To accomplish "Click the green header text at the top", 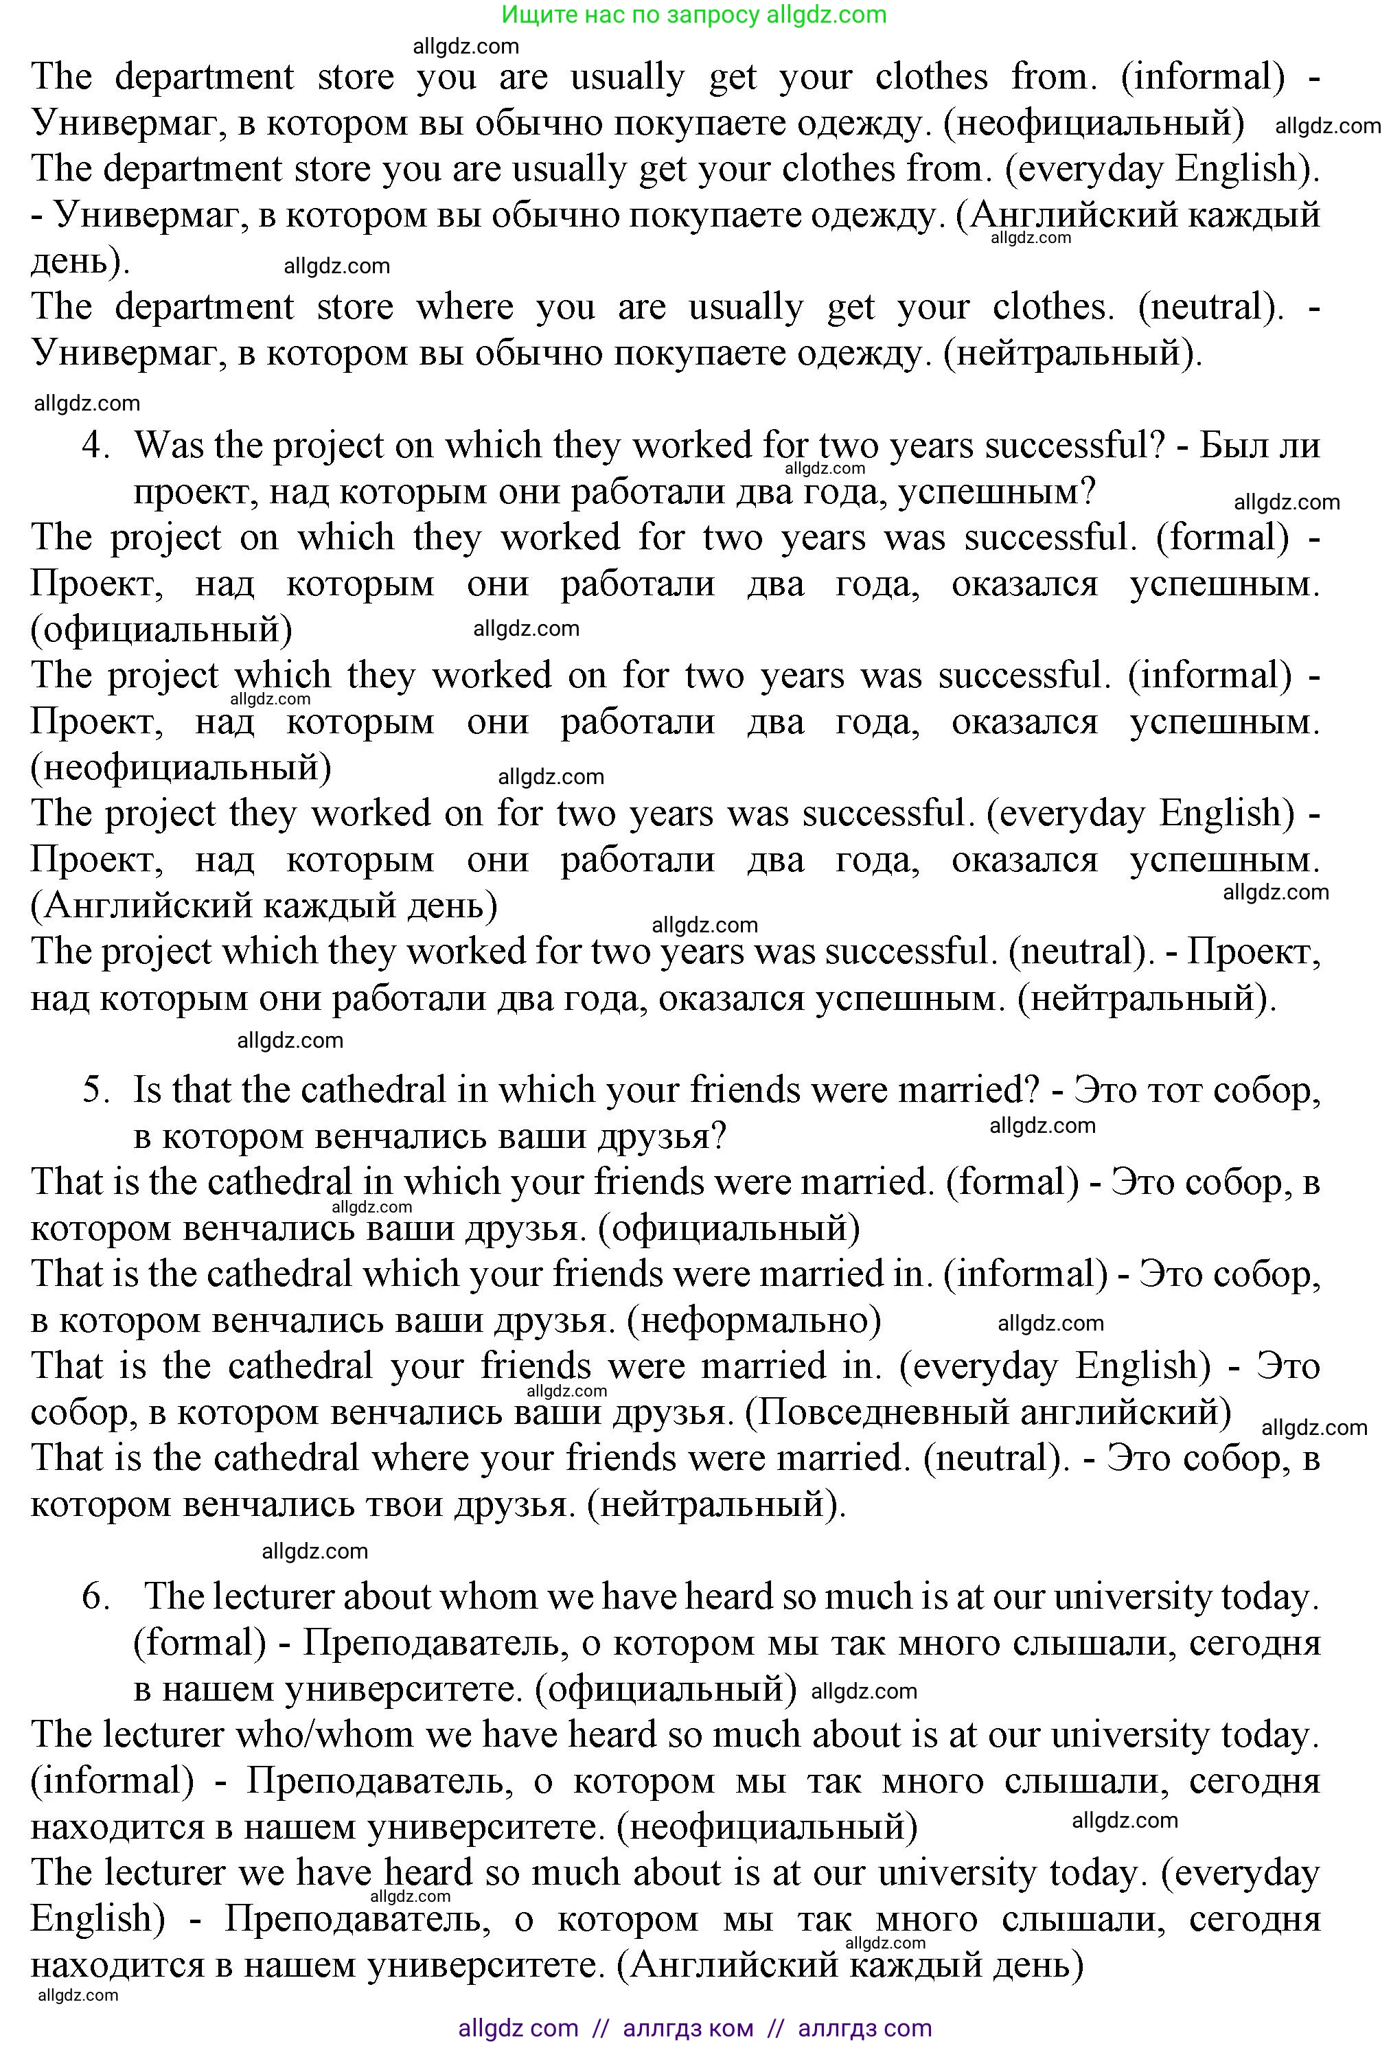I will click(693, 14).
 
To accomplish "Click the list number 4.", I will click(95, 446).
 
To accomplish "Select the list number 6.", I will click(95, 1596).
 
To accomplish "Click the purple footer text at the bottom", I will click(693, 2028).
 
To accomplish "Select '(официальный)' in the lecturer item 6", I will click(665, 1688).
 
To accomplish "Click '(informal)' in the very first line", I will click(1203, 78).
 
